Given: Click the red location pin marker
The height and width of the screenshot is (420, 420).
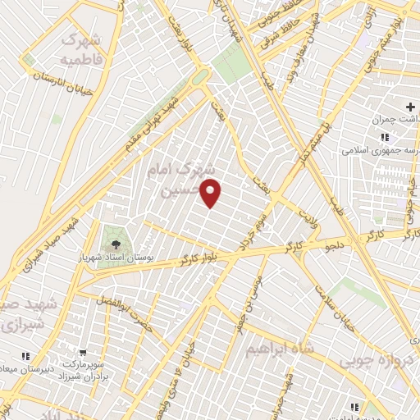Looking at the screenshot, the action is [212, 192].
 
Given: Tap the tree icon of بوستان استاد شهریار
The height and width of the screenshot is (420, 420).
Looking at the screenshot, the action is [115, 244].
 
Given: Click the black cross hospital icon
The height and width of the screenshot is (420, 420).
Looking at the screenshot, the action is [411, 107].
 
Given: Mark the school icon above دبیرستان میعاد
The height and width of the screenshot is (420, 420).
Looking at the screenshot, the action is [25, 356].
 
